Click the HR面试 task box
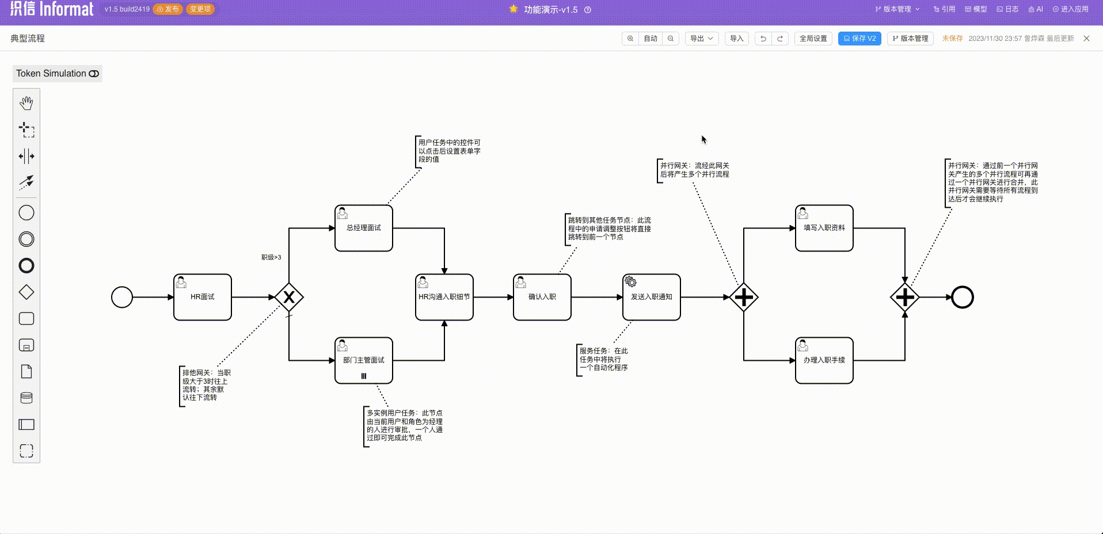(x=203, y=297)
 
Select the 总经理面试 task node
(x=364, y=228)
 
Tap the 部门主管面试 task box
(x=364, y=360)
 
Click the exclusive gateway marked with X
(x=289, y=297)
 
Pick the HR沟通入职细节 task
(x=444, y=297)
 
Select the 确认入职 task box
(x=542, y=297)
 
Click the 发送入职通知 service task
(x=652, y=297)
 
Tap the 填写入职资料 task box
(x=824, y=228)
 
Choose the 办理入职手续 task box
(x=824, y=360)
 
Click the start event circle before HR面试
(x=122, y=297)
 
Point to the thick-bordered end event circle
(x=963, y=297)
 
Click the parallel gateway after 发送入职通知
(x=744, y=297)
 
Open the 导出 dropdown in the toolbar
(x=702, y=39)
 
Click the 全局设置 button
(x=813, y=39)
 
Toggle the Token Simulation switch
(x=94, y=74)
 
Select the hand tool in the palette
(x=26, y=103)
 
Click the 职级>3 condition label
(x=271, y=257)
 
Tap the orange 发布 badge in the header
(x=168, y=9)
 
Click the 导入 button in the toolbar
(x=736, y=39)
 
